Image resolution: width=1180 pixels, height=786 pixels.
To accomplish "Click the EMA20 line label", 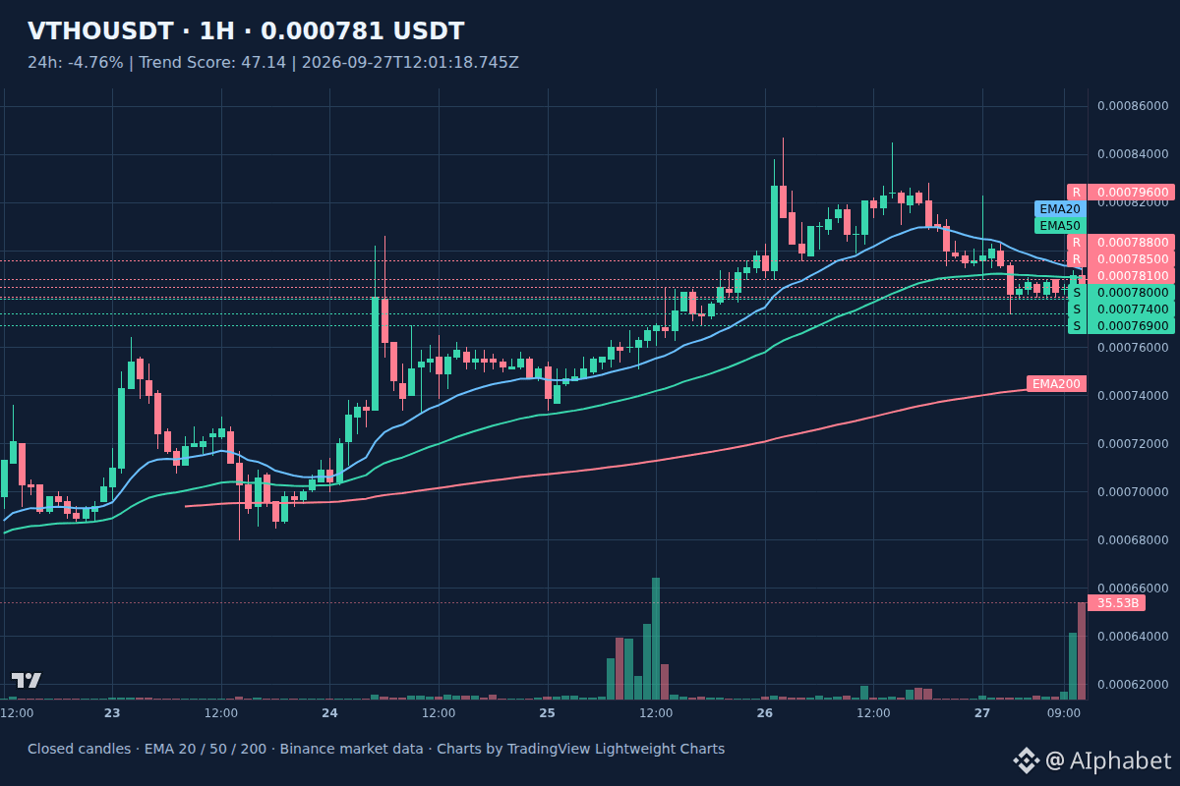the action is (1060, 209).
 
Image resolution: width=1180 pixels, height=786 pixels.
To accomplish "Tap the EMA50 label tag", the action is (1060, 226).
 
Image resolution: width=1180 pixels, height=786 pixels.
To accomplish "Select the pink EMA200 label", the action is (1056, 384).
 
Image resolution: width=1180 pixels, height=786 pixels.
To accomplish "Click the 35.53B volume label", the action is (1117, 603).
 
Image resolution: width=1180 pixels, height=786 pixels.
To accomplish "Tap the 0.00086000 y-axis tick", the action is (1133, 106).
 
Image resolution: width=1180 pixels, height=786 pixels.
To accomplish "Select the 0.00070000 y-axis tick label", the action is (1133, 491).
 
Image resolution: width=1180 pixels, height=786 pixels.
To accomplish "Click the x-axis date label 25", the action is (548, 713).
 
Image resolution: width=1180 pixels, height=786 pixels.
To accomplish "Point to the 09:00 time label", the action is (1064, 713).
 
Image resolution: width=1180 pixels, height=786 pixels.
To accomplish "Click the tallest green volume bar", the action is (656, 639).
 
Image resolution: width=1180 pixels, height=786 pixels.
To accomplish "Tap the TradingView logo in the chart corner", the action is (26, 680).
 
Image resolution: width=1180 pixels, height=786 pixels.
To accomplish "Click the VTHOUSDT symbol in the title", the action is (100, 31).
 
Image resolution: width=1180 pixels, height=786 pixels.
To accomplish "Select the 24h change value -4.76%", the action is (95, 63).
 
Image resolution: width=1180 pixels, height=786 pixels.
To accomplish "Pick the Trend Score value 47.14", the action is (264, 63).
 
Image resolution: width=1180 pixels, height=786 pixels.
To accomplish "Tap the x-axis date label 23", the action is (112, 713).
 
